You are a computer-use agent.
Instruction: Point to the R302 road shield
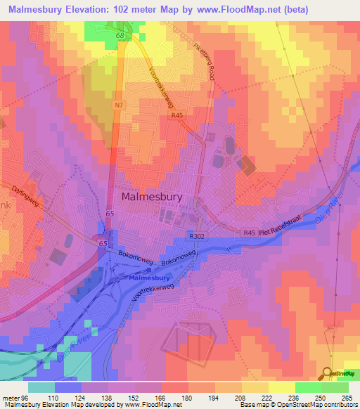(195, 238)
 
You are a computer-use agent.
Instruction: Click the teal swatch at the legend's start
(41, 387)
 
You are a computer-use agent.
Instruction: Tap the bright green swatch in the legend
(309, 387)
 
